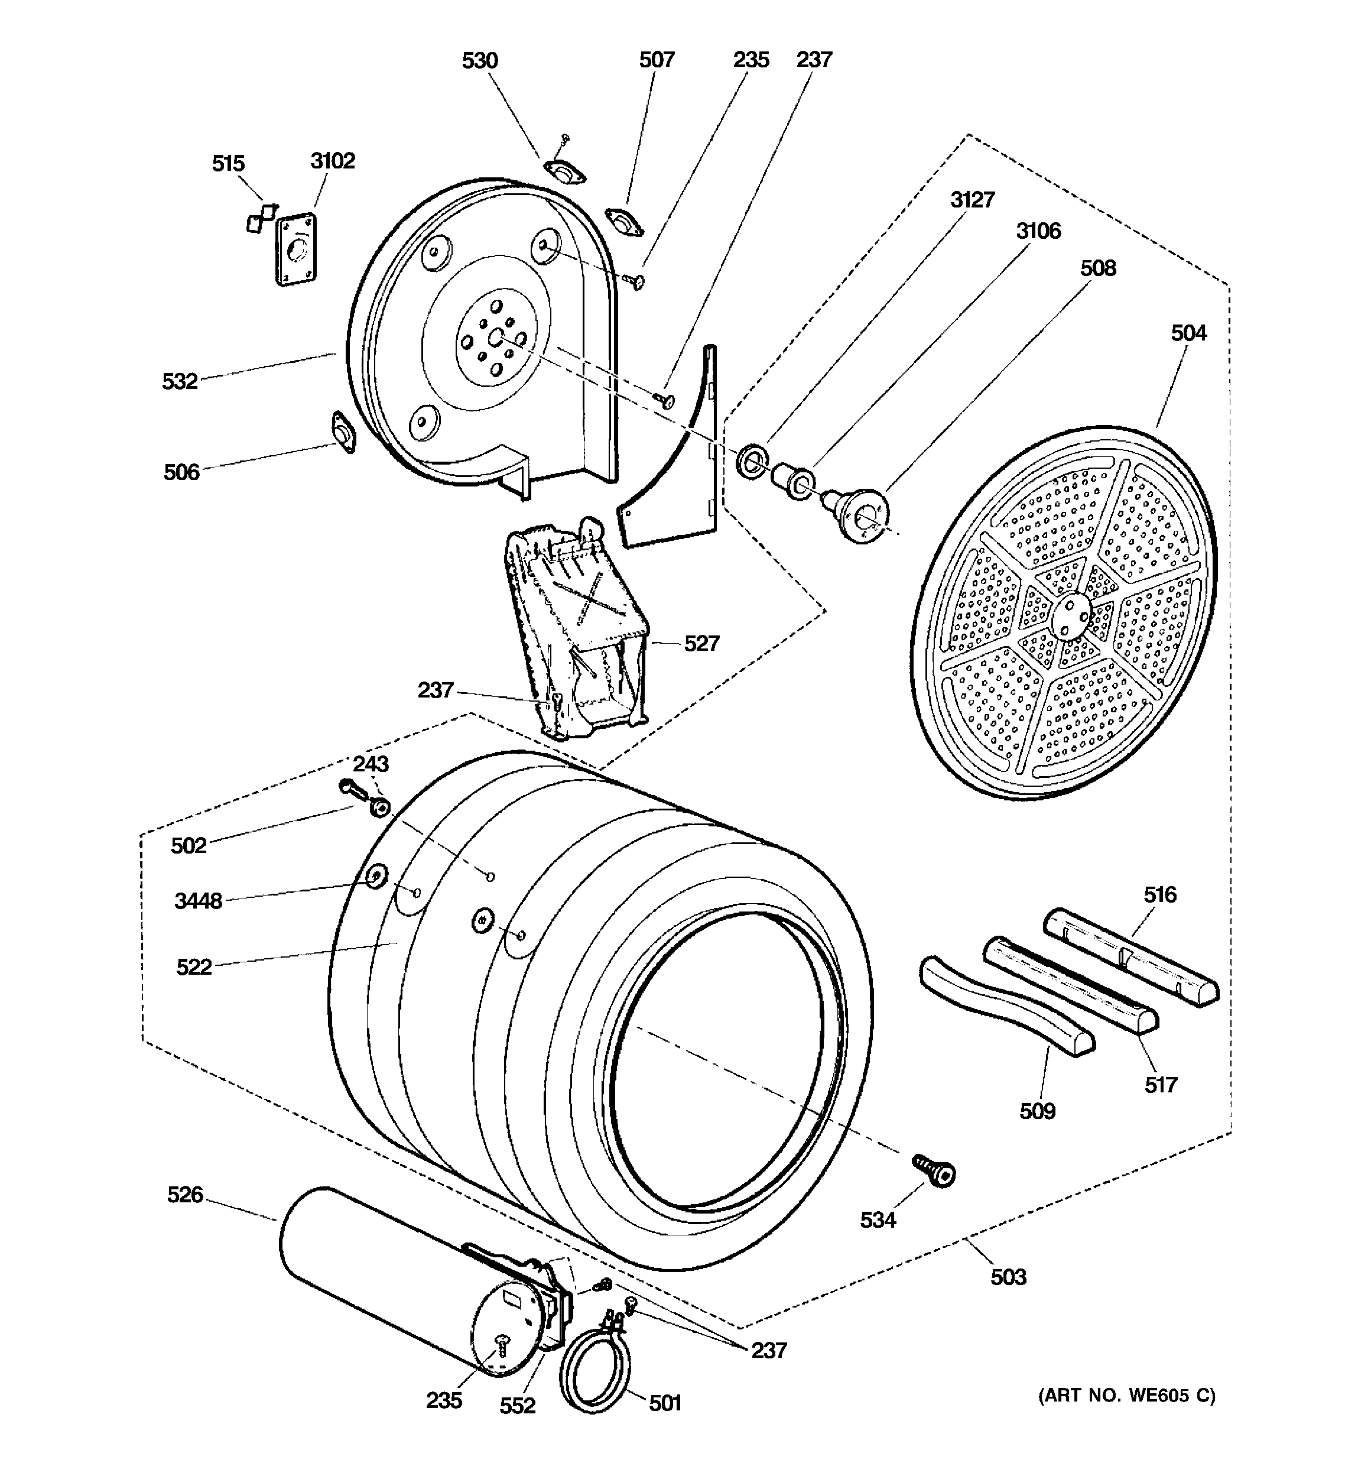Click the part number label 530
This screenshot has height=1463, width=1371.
pyautogui.click(x=480, y=60)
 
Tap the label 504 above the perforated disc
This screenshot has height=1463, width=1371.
pyautogui.click(x=1188, y=333)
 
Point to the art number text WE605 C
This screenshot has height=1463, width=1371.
pyautogui.click(x=1127, y=1396)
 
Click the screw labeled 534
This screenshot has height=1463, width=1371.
pyautogui.click(x=935, y=1170)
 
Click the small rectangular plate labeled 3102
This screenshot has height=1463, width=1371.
pyautogui.click(x=297, y=249)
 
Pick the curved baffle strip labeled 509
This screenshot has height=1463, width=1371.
pyautogui.click(x=1007, y=1006)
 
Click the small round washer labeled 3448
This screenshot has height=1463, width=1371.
pyautogui.click(x=376, y=877)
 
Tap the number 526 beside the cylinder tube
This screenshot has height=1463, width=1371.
pyautogui.click(x=185, y=1195)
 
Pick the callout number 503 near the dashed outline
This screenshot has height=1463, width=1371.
pyautogui.click(x=1008, y=1277)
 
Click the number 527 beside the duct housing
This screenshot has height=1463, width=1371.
pyautogui.click(x=701, y=643)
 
